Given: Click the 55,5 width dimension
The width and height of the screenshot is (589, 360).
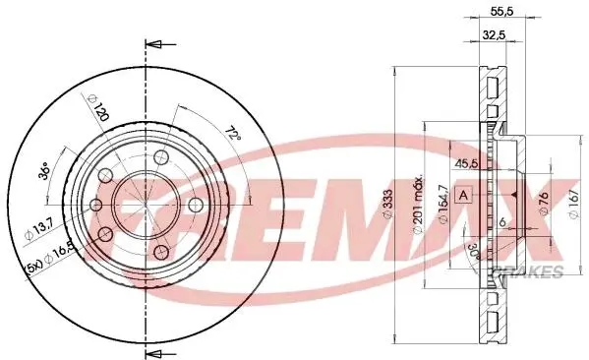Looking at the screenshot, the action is pyautogui.click(x=501, y=12).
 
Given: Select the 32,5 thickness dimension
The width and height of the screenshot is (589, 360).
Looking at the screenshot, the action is pyautogui.click(x=494, y=35).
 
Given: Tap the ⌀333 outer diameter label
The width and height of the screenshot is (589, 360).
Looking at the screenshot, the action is pyautogui.click(x=388, y=204).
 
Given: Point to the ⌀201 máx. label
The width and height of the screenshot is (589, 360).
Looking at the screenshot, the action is pyautogui.click(x=419, y=204).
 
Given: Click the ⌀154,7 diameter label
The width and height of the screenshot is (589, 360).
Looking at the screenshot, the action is pyautogui.click(x=444, y=205).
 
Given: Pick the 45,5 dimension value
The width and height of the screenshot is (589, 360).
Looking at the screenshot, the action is pyautogui.click(x=466, y=164).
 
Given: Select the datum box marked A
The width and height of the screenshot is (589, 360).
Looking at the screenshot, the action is pyautogui.click(x=464, y=195).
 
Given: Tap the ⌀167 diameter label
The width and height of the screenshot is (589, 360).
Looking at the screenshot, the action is pyautogui.click(x=573, y=204).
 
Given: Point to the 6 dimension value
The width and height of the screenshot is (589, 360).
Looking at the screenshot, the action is pyautogui.click(x=502, y=222).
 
